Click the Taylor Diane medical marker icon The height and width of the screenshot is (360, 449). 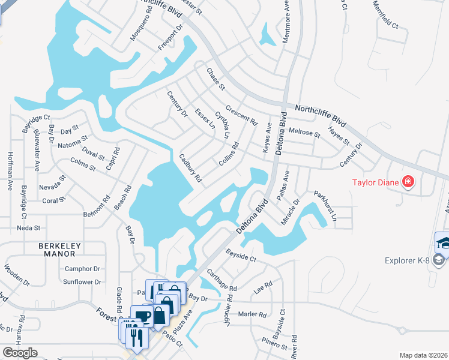click(x=408, y=181)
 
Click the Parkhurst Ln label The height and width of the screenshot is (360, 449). click(x=325, y=206)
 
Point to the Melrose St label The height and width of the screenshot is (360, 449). click(x=304, y=131)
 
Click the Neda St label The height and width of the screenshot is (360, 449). click(x=29, y=228)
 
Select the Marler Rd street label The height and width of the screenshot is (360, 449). click(x=252, y=314)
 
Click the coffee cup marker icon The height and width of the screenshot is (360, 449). click(x=142, y=317)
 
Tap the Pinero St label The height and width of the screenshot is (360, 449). click(x=274, y=344)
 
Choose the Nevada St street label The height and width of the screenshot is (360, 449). click(x=51, y=185)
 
